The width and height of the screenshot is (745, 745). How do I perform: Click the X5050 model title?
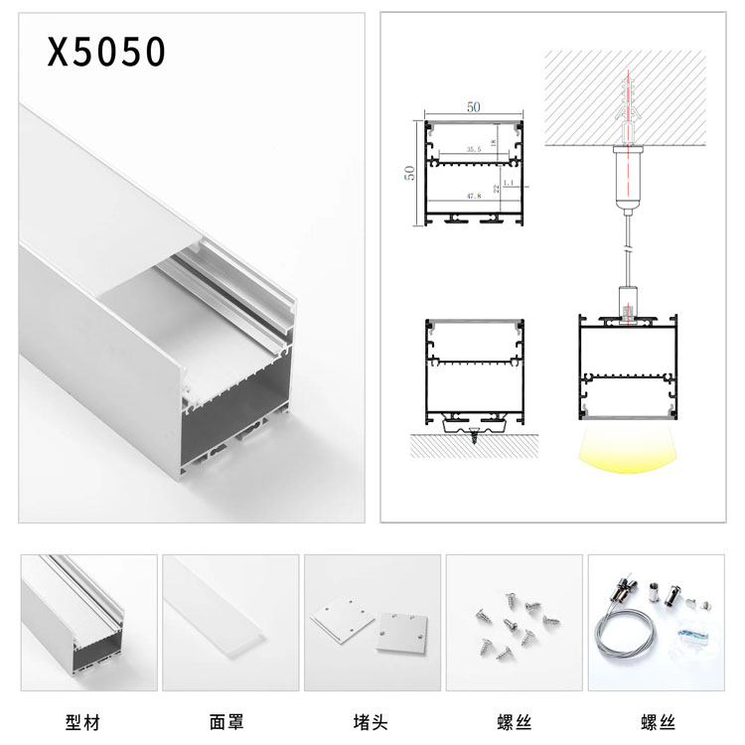click(x=106, y=53)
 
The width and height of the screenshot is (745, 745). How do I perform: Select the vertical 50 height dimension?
click(x=408, y=172)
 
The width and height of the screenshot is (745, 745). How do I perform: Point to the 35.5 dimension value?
click(x=473, y=149)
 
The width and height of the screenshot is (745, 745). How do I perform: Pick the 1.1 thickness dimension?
click(x=510, y=184)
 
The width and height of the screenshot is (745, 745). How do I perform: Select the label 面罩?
click(x=226, y=722)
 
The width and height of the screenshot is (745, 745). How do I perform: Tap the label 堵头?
click(x=370, y=722)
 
